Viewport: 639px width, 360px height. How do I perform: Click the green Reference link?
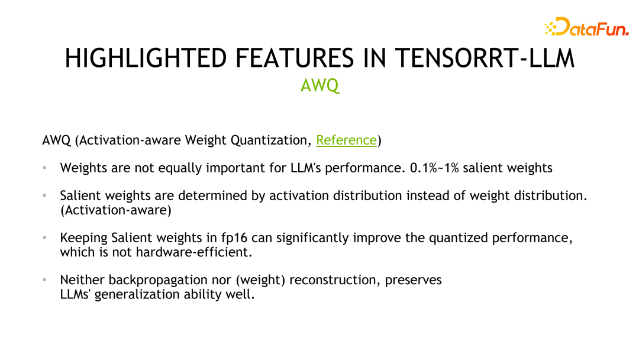click(x=346, y=140)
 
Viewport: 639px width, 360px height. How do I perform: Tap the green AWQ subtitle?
click(x=319, y=86)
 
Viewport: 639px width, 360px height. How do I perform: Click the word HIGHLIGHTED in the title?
click(x=146, y=59)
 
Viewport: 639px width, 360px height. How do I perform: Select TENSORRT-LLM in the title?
click(x=485, y=59)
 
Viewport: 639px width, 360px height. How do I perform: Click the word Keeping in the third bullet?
click(x=83, y=238)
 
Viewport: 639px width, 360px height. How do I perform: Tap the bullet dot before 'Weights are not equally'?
click(x=44, y=168)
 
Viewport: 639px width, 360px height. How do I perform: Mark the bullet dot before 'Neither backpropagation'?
click(x=44, y=280)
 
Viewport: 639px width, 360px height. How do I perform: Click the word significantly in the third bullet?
click(x=312, y=238)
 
